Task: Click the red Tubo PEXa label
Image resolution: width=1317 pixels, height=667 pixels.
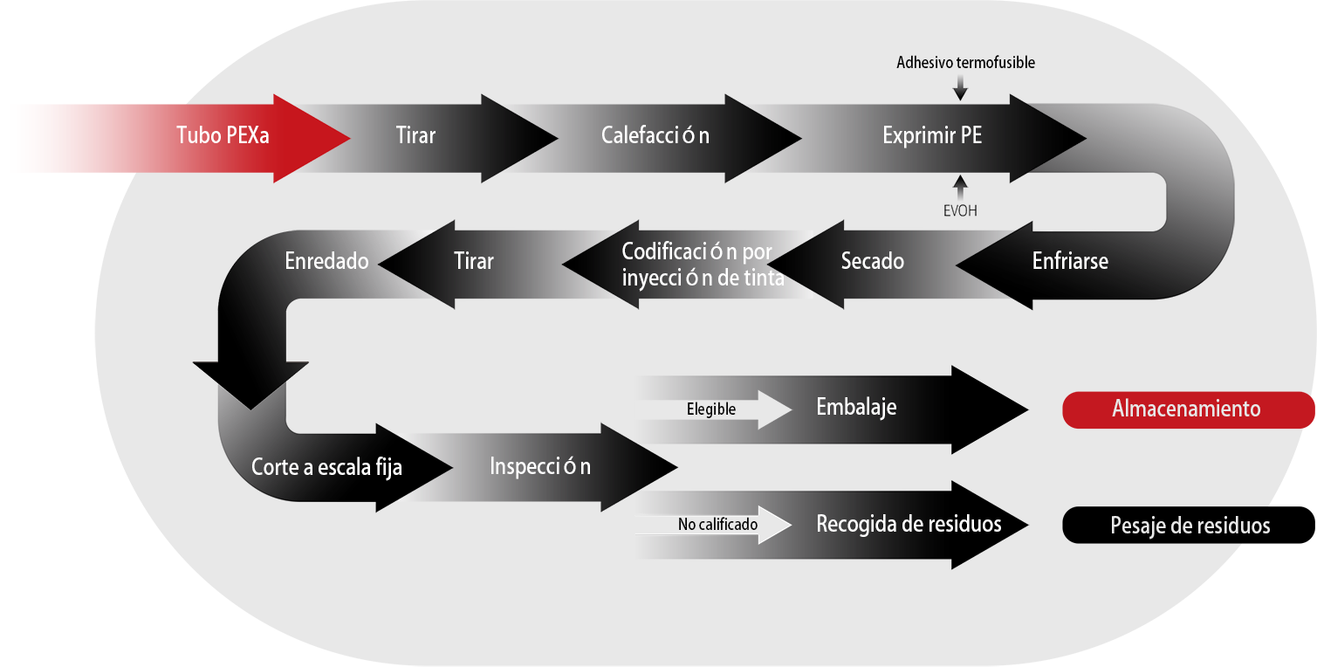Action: (x=222, y=136)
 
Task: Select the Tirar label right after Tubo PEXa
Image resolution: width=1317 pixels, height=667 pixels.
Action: (x=415, y=136)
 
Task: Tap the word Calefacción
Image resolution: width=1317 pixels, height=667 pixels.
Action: (x=655, y=136)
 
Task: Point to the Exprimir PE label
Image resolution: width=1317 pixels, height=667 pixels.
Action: (x=932, y=136)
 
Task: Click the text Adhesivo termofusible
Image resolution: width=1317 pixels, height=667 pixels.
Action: (x=965, y=63)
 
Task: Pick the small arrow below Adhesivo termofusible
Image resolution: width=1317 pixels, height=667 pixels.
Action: (x=961, y=86)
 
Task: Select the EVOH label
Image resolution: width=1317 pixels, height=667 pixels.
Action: (x=961, y=210)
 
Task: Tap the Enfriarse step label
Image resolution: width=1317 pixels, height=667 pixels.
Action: (x=1070, y=261)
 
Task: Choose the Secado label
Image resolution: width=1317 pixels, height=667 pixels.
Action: (x=872, y=261)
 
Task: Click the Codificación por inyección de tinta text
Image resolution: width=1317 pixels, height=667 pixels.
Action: (x=703, y=265)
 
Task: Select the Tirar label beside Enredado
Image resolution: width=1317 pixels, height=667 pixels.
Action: (x=474, y=261)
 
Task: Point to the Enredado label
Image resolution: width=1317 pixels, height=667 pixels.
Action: (x=326, y=261)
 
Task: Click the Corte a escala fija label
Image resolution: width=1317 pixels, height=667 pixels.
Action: (x=326, y=467)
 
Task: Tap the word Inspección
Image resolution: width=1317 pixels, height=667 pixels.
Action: (x=540, y=466)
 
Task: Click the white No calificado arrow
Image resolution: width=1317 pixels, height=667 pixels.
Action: (x=718, y=525)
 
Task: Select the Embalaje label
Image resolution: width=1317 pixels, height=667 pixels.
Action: (x=856, y=408)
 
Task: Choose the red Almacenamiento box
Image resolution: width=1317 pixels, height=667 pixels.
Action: (x=1185, y=409)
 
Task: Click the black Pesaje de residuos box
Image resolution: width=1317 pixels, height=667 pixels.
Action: (x=1189, y=526)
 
